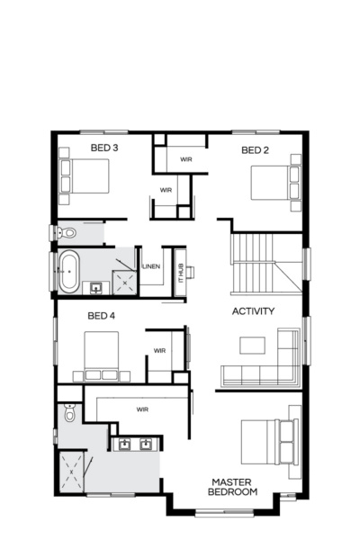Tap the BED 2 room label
[x=255, y=150]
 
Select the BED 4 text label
[x=101, y=316]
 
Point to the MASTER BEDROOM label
[x=232, y=487]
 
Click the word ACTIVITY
[x=253, y=311]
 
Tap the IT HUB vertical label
[x=180, y=273]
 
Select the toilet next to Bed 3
[x=67, y=233]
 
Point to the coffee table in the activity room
[x=252, y=344]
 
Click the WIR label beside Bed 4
[x=159, y=351]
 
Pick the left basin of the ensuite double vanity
[x=126, y=444]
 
